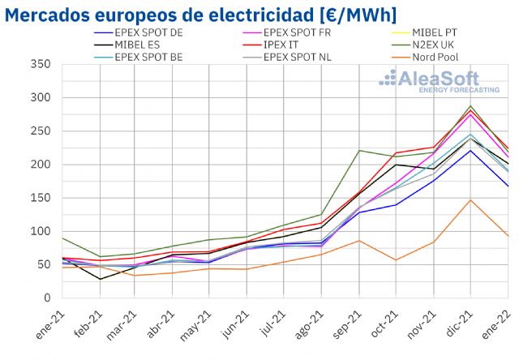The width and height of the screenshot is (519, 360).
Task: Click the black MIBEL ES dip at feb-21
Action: point(101,279)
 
